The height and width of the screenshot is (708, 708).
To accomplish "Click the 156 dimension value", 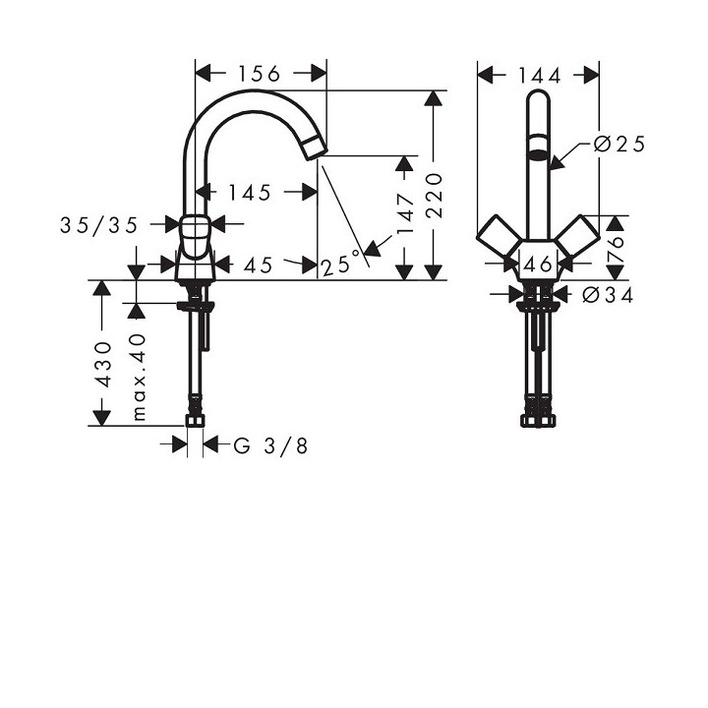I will pos(259,74).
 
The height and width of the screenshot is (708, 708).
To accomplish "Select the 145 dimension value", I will pos(248,193).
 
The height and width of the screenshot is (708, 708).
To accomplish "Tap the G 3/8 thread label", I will pos(270,445).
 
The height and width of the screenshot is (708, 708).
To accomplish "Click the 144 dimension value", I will pos(538,76).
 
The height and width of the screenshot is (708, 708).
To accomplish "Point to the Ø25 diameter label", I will pos(619,145).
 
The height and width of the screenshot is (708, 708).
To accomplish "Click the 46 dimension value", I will pos(538,264).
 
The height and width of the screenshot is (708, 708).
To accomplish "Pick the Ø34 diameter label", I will pos(608,294).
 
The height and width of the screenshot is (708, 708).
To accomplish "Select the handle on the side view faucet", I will pos(197,232).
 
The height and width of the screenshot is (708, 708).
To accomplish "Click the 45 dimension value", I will pos(258,264).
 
